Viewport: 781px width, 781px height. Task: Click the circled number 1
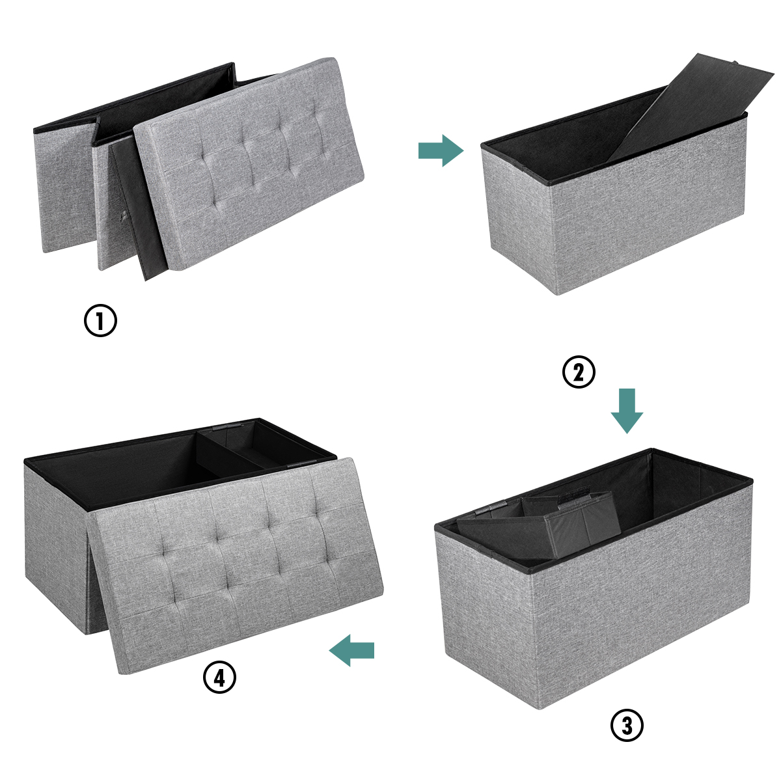100,320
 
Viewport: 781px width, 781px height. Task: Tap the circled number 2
579,372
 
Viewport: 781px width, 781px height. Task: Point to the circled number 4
219,677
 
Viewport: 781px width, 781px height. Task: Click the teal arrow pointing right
441,151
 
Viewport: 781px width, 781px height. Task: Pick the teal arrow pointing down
627,411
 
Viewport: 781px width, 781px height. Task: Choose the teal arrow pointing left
351,650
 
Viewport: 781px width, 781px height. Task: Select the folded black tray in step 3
539,527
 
